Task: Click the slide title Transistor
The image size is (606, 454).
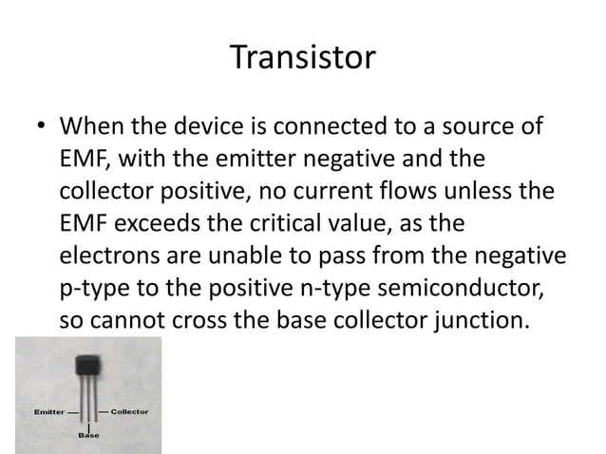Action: click(x=303, y=59)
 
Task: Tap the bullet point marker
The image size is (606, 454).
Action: click(x=40, y=127)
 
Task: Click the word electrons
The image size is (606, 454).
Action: click(x=108, y=256)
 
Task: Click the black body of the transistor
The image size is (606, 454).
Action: click(x=88, y=367)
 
